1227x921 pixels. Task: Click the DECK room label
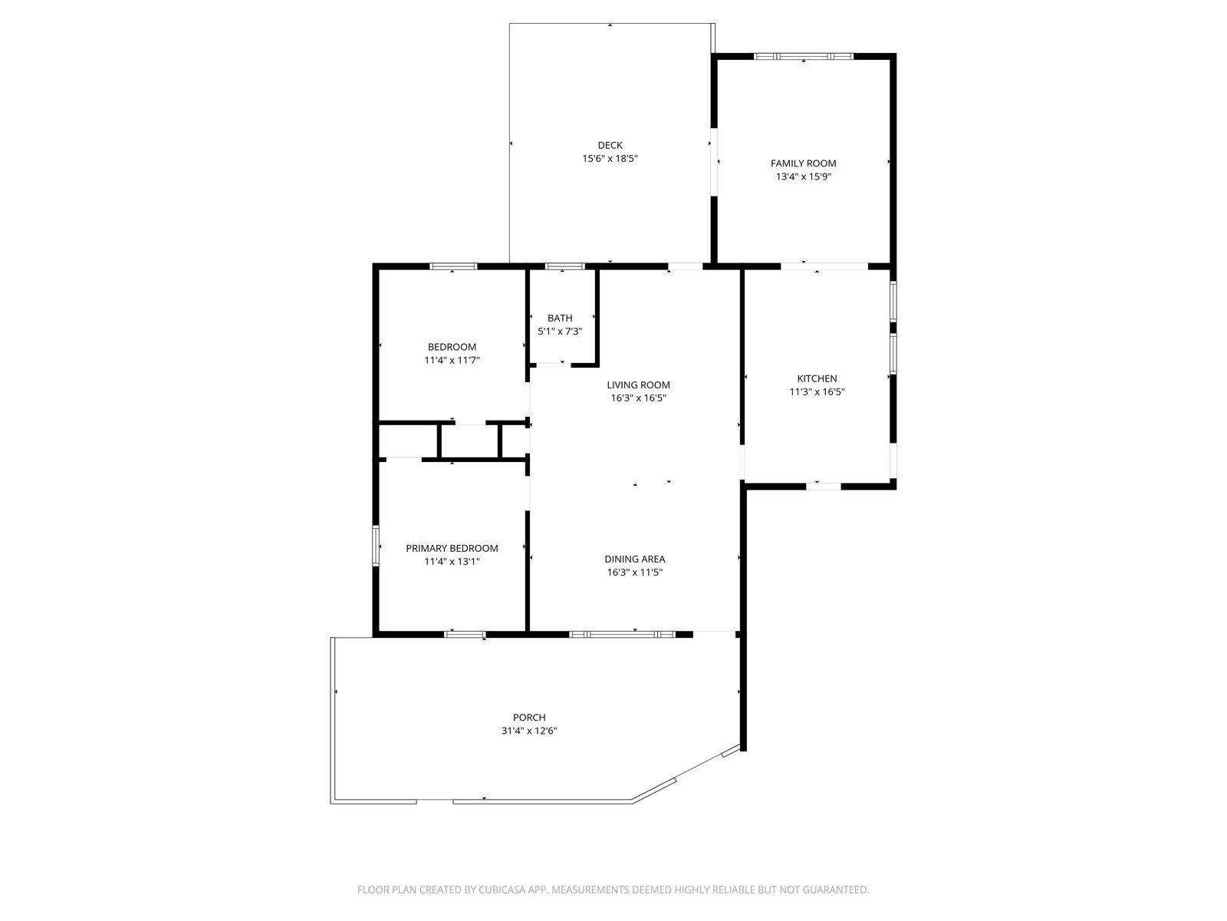(610, 145)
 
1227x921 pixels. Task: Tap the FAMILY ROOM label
(803, 163)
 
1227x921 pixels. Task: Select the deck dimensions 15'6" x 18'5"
(610, 159)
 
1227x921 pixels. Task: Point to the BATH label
(560, 319)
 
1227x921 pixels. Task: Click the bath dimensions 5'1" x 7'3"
(560, 332)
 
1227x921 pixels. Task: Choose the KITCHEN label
(817, 378)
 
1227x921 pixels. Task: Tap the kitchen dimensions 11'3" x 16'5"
(817, 392)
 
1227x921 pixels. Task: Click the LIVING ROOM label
(638, 385)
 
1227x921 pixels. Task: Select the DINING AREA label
(634, 559)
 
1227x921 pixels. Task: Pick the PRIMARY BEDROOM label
(452, 548)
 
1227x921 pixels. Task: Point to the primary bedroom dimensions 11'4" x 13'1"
(452, 562)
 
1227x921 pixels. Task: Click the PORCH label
(529, 718)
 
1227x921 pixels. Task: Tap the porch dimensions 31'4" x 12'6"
(529, 731)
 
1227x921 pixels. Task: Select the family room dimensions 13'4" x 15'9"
(803, 177)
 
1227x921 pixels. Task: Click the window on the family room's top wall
(803, 57)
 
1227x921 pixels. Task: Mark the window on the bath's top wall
(564, 266)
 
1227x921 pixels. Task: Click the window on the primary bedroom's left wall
(376, 546)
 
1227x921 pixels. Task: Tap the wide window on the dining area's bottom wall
(623, 635)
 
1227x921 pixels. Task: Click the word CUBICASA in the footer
(501, 890)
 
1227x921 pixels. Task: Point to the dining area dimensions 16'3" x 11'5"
(634, 572)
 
